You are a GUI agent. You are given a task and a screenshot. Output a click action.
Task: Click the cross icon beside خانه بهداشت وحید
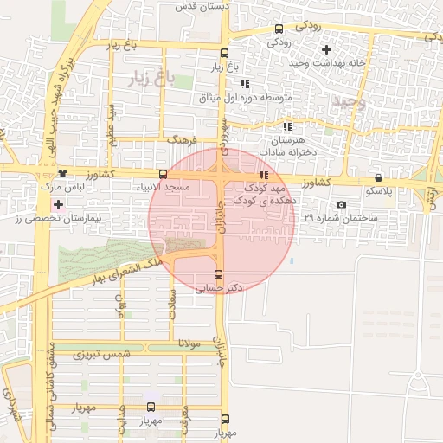(x=325, y=49)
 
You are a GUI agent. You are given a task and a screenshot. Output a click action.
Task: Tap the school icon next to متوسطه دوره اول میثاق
(x=245, y=84)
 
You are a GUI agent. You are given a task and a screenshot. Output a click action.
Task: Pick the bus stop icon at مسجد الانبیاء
(x=164, y=174)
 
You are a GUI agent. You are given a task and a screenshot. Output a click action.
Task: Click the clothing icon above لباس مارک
(x=61, y=174)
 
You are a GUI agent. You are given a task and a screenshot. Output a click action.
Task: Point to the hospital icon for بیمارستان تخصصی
(x=58, y=205)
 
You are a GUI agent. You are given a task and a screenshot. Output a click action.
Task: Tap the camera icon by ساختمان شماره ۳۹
(x=341, y=205)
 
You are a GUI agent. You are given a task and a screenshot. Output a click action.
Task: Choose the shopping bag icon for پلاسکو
(x=378, y=177)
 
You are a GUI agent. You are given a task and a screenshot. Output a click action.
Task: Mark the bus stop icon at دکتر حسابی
(x=217, y=274)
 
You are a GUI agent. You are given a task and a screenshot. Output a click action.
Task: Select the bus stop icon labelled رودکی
(x=277, y=28)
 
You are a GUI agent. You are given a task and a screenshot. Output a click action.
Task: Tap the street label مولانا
(x=189, y=344)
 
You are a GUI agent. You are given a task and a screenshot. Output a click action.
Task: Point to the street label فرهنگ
(x=184, y=138)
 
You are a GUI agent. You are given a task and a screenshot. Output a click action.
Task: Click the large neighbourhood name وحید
(x=350, y=101)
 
